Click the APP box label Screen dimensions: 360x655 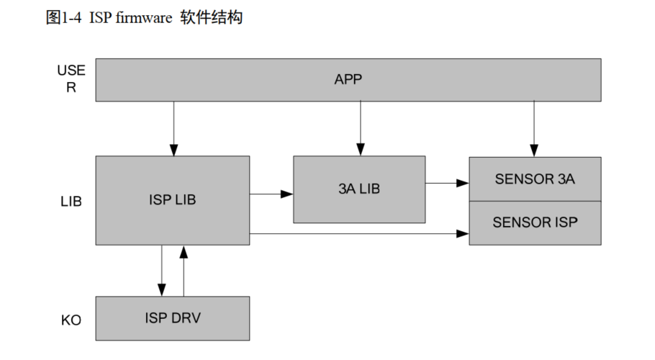[x=348, y=79]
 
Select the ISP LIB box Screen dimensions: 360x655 [x=172, y=200]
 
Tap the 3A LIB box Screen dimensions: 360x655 [x=358, y=189]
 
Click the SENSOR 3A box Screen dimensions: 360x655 [x=534, y=179]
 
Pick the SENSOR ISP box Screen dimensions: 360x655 [x=534, y=222]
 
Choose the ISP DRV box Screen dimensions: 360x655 [x=172, y=318]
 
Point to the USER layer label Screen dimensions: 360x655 [x=71, y=78]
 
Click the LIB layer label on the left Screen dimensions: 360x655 [x=71, y=202]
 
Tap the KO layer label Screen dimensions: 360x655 [x=71, y=318]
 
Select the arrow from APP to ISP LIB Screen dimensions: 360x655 [x=173, y=128]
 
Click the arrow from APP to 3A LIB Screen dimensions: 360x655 [x=359, y=128]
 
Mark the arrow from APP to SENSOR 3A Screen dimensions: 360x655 [x=533, y=128]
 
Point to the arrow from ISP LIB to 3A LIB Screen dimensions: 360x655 [x=271, y=193]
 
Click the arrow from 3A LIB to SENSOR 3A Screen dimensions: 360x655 [x=447, y=184]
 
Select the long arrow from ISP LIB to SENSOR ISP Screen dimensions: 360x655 [x=359, y=233]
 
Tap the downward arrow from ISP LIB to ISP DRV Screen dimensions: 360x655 [x=162, y=271]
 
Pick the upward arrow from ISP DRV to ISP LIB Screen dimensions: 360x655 [x=184, y=271]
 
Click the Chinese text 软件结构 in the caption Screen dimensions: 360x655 [x=212, y=18]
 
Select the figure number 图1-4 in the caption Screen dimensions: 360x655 [x=64, y=18]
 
